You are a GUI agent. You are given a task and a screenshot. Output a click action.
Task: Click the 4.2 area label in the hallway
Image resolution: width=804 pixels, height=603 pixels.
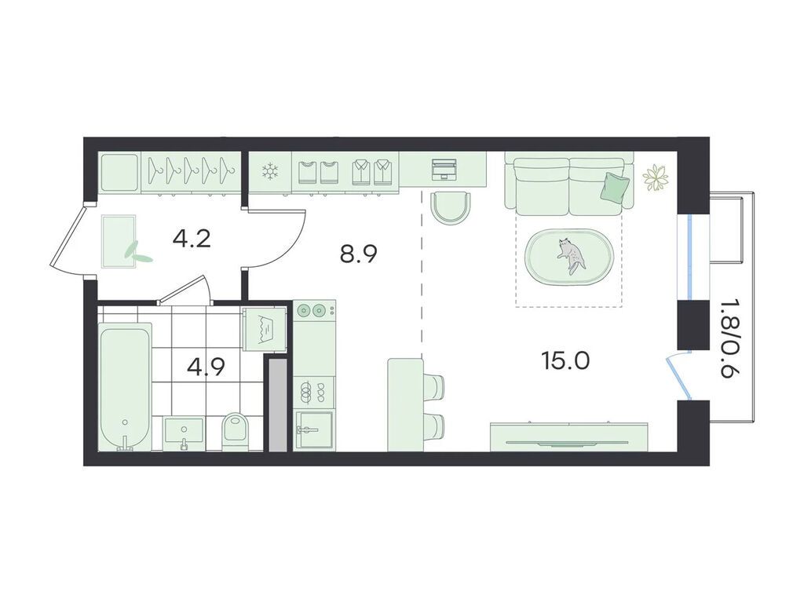[x=192, y=239]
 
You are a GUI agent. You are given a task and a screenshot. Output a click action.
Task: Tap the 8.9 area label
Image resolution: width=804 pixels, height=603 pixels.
[x=359, y=254]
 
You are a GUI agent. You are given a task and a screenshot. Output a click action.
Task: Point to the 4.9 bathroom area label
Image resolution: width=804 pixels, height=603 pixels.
[x=206, y=367]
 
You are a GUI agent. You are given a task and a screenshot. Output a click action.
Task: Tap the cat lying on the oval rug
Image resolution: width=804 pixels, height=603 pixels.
[x=570, y=256]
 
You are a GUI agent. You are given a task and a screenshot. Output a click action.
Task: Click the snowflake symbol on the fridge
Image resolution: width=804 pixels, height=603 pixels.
[x=269, y=171]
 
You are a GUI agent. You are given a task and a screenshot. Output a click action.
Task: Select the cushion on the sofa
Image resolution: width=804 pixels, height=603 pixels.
[x=615, y=186]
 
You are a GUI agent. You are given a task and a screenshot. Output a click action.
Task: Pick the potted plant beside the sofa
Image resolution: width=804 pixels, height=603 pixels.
[x=656, y=178]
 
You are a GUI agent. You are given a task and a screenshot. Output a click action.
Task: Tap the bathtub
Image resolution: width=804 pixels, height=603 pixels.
[x=125, y=387]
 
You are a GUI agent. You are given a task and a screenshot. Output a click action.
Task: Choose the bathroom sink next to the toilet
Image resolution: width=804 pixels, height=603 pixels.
[x=184, y=433]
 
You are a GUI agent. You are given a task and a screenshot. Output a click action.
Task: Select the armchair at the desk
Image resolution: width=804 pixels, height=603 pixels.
[x=450, y=206]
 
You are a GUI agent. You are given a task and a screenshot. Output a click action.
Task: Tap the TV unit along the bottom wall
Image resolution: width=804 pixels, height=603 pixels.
[x=568, y=437]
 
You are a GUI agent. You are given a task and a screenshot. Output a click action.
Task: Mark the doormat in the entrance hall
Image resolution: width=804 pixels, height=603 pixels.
[x=119, y=242]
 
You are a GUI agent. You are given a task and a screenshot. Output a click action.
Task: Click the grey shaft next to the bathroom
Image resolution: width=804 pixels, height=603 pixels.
[x=279, y=405]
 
